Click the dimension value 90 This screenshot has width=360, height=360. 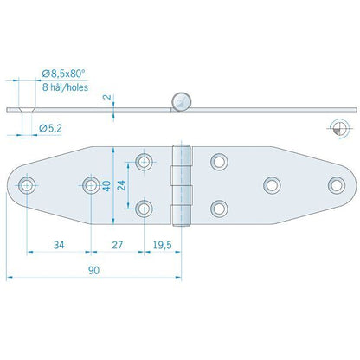point(93,270)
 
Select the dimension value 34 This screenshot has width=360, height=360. point(59,246)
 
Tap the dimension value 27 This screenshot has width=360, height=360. point(119,246)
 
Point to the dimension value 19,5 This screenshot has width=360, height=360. point(161,246)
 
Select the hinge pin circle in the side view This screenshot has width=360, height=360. point(181,101)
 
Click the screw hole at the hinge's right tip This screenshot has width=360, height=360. point(335,183)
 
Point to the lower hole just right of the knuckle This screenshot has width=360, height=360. point(219,207)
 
